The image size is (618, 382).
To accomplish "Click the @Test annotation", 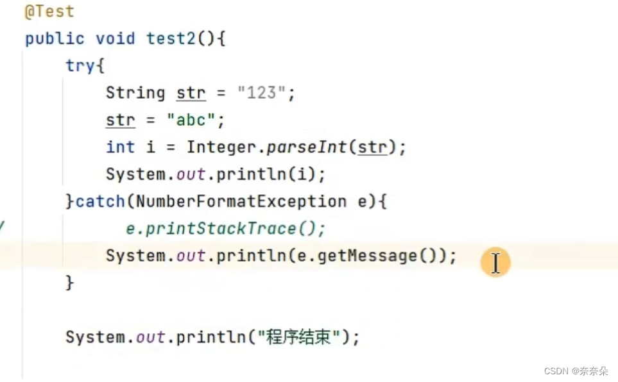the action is [49, 12].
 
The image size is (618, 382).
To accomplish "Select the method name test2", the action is [171, 38].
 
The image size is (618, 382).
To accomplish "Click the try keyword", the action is [80, 66].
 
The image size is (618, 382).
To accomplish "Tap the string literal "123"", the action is [261, 93].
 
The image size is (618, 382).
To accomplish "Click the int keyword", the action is [120, 147].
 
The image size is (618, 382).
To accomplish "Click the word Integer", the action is [221, 147].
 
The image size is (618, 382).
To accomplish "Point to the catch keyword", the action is [100, 201].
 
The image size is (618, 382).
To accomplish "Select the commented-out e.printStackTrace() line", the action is [225, 229].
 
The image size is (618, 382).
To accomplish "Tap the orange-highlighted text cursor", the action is [495, 263].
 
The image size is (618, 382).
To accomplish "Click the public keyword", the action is [55, 38].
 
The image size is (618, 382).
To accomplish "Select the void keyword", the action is [116, 38].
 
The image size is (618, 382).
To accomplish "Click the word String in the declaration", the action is [135, 93].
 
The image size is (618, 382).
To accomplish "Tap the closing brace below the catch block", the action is [70, 283].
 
